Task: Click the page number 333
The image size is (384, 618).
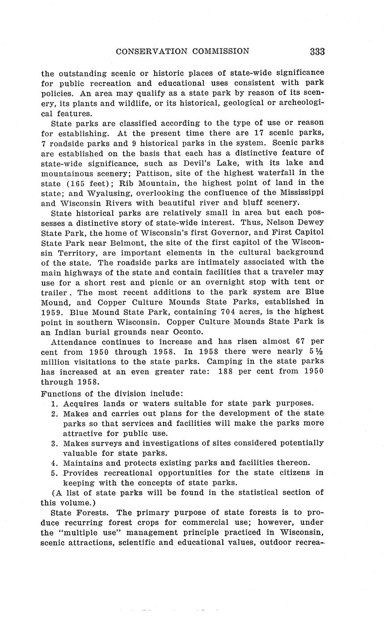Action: [x=317, y=51]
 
